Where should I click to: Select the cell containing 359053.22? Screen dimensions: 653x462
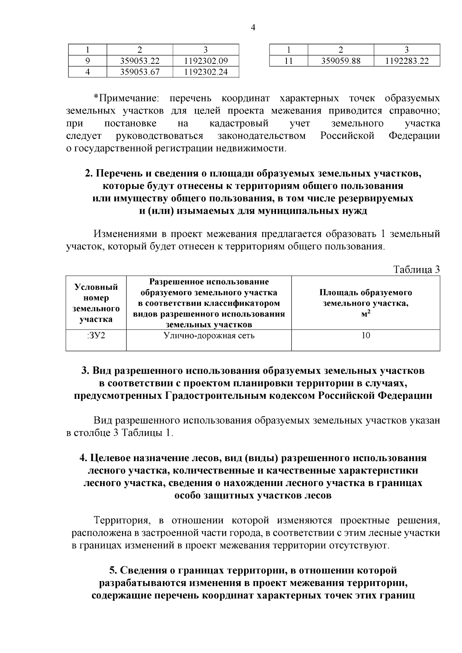point(139,61)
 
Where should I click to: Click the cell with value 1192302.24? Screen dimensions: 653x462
point(206,72)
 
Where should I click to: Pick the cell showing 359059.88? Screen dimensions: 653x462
point(341,61)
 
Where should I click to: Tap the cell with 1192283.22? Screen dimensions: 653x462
point(407,61)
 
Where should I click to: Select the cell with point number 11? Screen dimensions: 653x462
point(289,61)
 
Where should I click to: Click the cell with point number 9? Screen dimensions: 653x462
point(87,61)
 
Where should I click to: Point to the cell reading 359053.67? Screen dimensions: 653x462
point(139,72)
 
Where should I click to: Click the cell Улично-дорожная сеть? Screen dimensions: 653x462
point(209,336)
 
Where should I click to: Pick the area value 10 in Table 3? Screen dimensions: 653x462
point(365,336)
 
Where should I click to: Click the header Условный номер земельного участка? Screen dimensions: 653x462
point(96,303)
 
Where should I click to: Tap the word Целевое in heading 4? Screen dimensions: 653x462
point(110,458)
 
